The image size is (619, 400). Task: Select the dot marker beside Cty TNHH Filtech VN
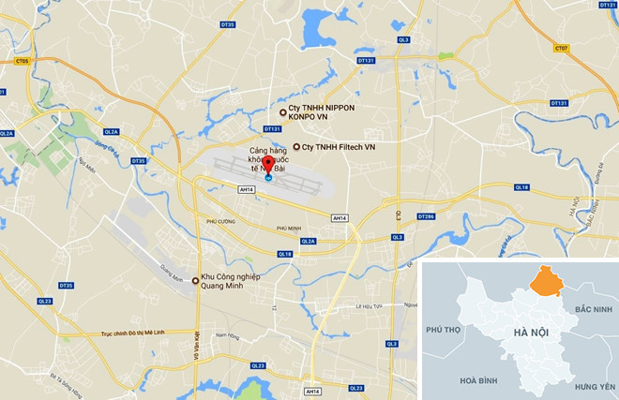297,147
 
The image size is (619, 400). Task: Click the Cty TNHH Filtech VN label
339,147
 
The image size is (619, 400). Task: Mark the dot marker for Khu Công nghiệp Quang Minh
195,280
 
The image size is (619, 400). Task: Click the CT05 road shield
22,61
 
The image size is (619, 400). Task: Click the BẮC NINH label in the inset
594,309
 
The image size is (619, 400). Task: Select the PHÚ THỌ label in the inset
445,330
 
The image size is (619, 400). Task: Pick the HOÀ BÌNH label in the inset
459,381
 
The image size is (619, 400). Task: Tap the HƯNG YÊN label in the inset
595,385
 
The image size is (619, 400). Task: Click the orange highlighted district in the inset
544,282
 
